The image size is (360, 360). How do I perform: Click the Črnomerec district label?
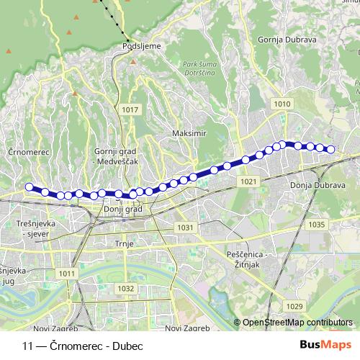click(28, 153)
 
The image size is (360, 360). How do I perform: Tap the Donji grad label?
click(118, 210)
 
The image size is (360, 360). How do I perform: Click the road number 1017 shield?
click(131, 109)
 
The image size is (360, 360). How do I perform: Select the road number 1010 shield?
click(282, 104)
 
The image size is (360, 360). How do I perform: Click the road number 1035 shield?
click(315, 225)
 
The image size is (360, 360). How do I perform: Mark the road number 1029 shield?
click(294, 307)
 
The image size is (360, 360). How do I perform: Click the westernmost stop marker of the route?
click(30, 187)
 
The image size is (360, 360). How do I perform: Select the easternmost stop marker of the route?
click(331, 150)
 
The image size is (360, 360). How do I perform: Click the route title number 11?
click(28, 345)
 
